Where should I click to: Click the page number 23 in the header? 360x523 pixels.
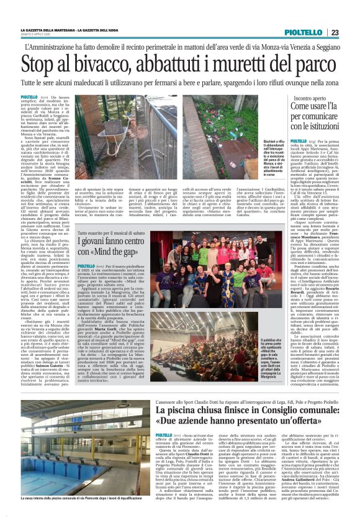pyautogui.click(x=335, y=32)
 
